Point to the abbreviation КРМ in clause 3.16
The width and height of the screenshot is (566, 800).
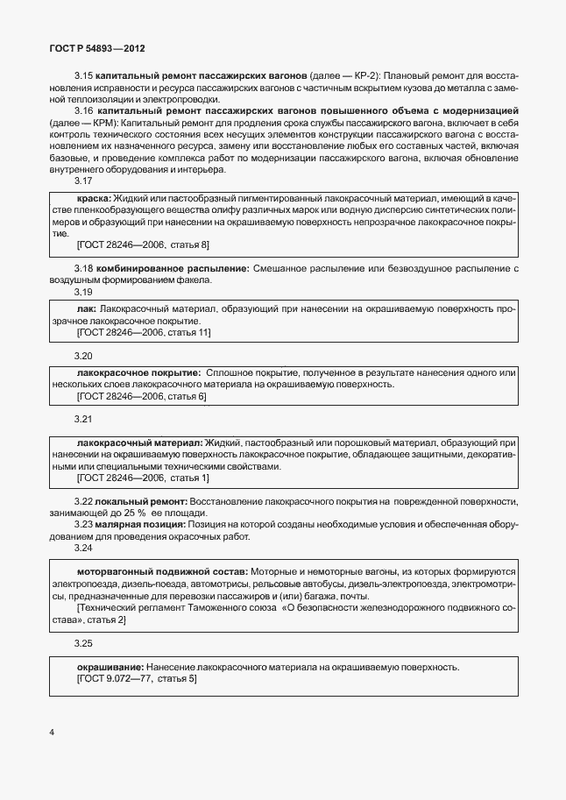tap(101, 123)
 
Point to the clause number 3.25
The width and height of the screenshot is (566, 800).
tap(83, 644)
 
